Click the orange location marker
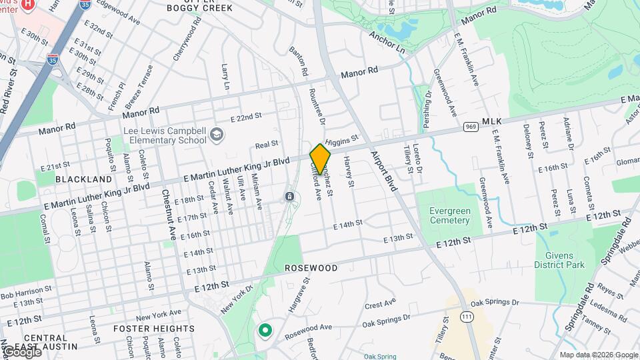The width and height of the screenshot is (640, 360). click(321, 159)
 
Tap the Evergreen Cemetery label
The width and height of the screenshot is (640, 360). click(449, 215)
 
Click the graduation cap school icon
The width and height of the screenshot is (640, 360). click(216, 135)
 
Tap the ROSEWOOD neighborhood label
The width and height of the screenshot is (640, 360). click(311, 268)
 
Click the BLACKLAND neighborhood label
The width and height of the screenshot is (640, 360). click(84, 180)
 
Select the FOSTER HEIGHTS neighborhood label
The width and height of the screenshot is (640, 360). click(153, 329)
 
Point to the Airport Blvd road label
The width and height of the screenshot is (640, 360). click(383, 170)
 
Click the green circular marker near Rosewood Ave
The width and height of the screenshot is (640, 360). click(265, 330)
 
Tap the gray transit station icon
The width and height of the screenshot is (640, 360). click(290, 197)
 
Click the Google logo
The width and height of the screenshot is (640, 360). click(21, 351)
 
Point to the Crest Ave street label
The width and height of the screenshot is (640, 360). click(380, 305)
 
